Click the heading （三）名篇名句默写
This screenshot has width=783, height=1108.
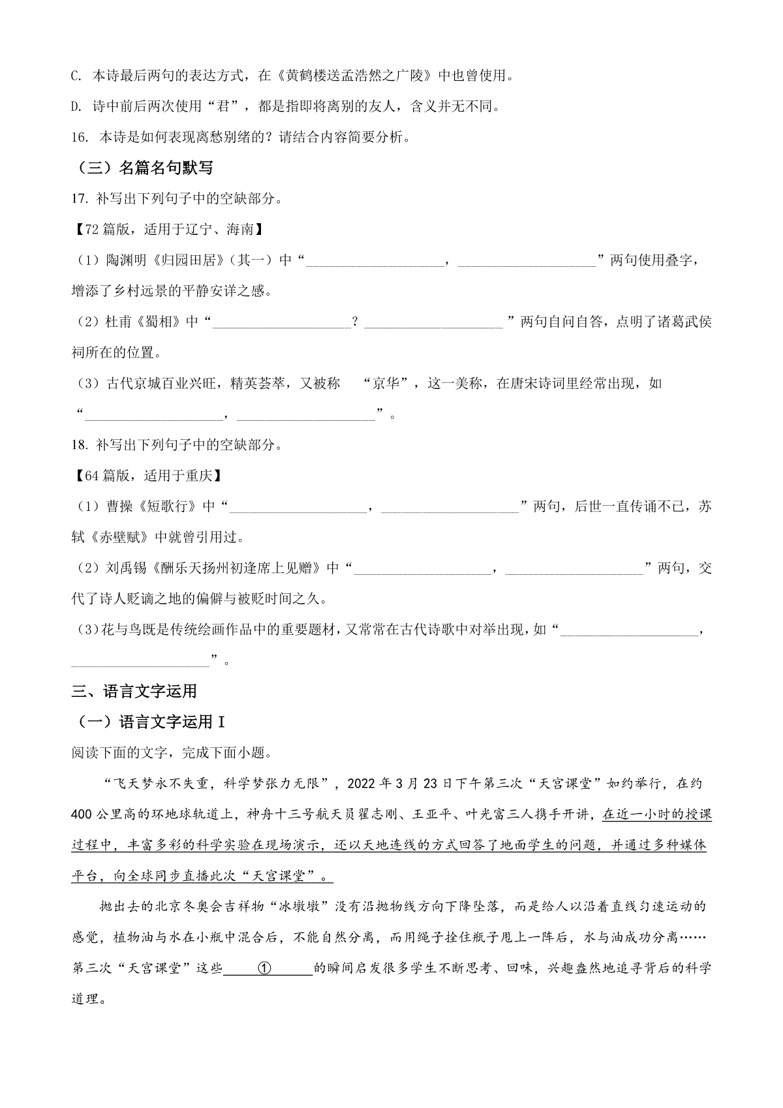pyautogui.click(x=142, y=168)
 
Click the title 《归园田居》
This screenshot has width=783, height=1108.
pyautogui.click(x=177, y=260)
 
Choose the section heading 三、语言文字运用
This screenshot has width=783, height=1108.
pyautogui.click(x=134, y=691)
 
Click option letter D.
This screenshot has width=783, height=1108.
pyautogui.click(x=75, y=106)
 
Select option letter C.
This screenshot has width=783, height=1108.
pyautogui.click(x=75, y=76)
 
